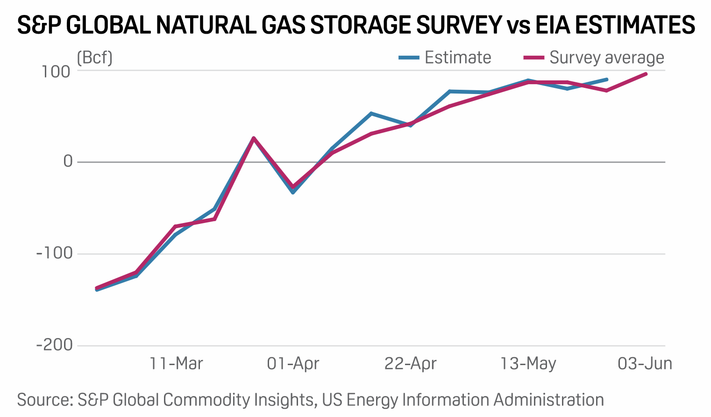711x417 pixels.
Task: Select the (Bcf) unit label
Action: click(x=94, y=58)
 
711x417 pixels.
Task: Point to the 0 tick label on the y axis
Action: click(x=68, y=162)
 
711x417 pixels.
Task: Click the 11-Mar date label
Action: click(x=176, y=363)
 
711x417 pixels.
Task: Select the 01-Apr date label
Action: click(x=293, y=363)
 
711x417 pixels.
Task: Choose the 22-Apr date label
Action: click(x=410, y=363)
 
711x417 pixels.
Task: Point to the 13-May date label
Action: click(x=528, y=363)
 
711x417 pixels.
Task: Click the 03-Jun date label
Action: click(x=645, y=363)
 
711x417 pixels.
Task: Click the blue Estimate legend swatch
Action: click(x=409, y=58)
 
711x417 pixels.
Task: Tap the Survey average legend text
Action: click(x=606, y=58)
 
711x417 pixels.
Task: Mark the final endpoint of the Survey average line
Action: click(x=646, y=74)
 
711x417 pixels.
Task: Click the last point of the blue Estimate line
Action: click(x=607, y=79)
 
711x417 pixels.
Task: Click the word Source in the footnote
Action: click(x=43, y=400)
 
